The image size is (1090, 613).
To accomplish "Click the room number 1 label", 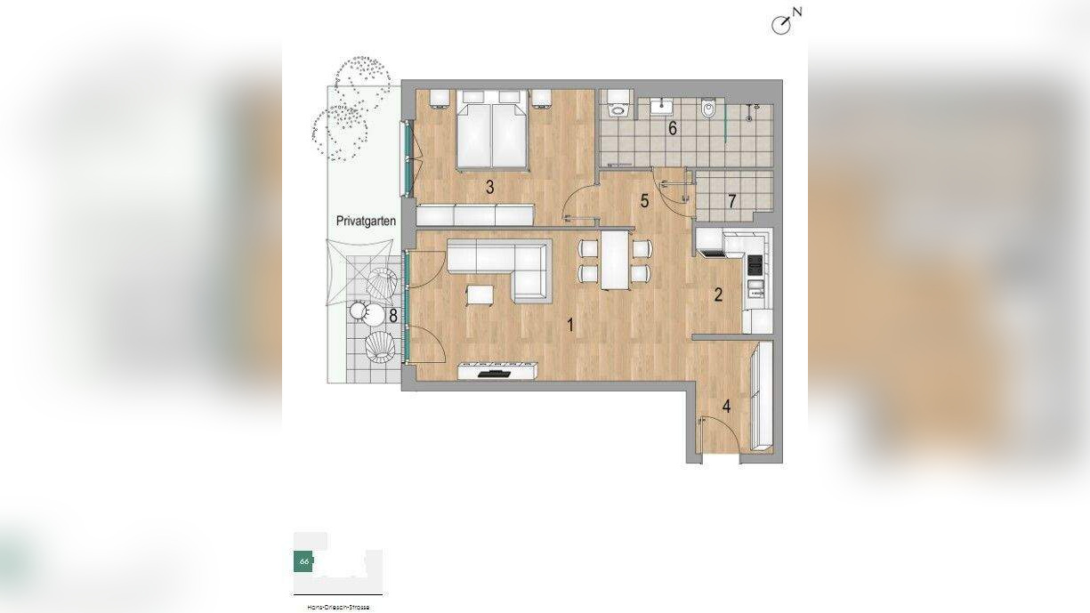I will [570, 326].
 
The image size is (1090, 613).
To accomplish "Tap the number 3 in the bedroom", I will [489, 187].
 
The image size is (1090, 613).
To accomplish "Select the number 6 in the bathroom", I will [673, 128].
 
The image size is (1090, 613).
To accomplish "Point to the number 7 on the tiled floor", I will [731, 201].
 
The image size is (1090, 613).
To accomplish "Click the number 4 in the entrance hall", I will [727, 407].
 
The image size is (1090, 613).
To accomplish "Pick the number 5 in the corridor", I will [644, 201].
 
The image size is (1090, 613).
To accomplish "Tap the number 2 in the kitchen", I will [718, 295].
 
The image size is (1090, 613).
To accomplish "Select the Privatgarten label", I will [366, 221].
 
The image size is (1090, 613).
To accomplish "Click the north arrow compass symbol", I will [781, 24].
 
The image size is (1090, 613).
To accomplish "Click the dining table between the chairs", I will [615, 259].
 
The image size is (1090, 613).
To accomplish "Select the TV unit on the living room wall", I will [497, 370].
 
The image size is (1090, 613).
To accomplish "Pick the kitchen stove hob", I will [755, 263].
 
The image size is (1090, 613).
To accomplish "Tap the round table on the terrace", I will [359, 311].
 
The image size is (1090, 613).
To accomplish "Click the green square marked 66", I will [303, 561].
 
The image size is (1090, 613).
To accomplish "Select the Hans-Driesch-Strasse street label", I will [337, 607].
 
